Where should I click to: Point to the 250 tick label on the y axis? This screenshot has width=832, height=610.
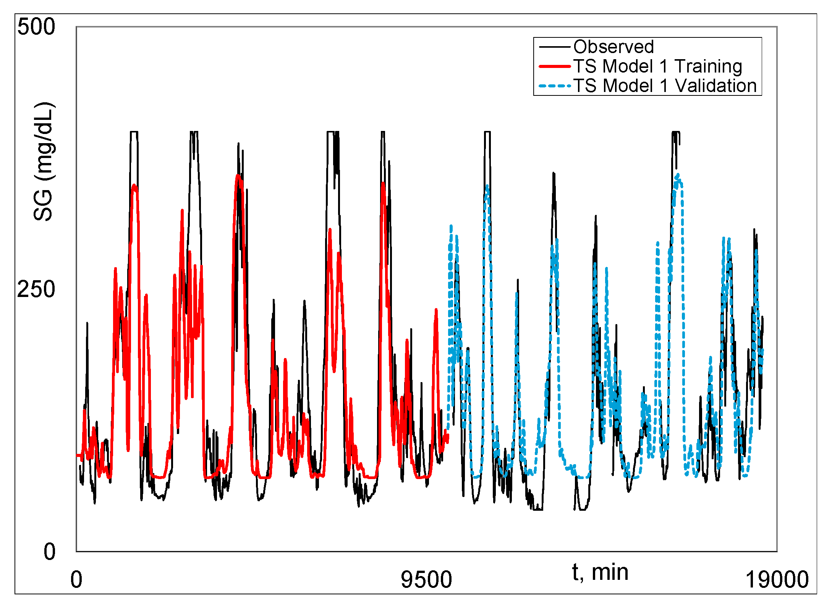tap(36, 289)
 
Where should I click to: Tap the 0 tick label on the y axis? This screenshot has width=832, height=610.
tap(49, 552)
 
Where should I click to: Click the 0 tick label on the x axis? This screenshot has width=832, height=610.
tap(76, 579)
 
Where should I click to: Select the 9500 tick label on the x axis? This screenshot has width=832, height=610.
tap(426, 579)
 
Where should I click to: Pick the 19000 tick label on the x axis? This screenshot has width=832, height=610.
tap(777, 579)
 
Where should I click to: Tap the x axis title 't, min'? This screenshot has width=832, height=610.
tap(600, 572)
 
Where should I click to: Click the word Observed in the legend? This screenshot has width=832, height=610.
tap(613, 47)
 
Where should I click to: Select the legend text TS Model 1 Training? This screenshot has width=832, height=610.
tap(657, 66)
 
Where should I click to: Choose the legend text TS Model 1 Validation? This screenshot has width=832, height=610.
tap(665, 86)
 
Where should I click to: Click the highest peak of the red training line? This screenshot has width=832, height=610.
tap(238, 176)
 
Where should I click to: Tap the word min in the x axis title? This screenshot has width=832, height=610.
tap(610, 572)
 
